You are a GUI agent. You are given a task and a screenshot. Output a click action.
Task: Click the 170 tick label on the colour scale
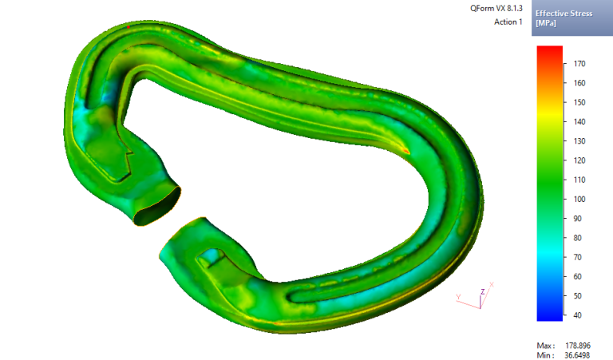[x=579, y=63]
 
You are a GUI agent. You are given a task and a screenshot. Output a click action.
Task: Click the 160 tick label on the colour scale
[x=579, y=83]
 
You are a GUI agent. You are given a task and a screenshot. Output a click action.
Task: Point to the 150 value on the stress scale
[x=579, y=102]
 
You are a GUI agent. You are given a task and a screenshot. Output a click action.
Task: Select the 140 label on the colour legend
[x=579, y=121]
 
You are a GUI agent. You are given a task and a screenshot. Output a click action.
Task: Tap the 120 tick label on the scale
[x=579, y=160]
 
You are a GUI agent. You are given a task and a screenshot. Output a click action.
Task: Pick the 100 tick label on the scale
[x=579, y=199]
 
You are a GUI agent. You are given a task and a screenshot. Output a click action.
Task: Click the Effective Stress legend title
[x=564, y=14]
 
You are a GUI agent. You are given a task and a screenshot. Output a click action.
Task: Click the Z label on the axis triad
[x=482, y=291]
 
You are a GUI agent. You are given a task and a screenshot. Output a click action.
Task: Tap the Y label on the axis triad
[x=458, y=296]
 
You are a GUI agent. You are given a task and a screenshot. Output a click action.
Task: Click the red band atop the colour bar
[x=550, y=50]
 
